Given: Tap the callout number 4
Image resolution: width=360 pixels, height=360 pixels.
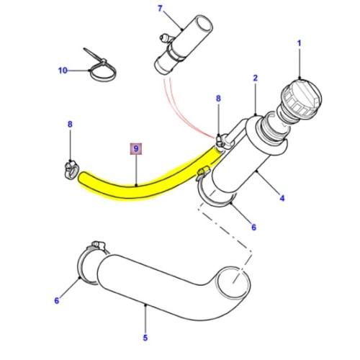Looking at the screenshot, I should (282, 198).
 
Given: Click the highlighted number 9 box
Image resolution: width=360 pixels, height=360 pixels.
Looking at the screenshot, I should (136, 150).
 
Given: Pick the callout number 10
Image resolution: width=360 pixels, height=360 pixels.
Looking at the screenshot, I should (62, 71).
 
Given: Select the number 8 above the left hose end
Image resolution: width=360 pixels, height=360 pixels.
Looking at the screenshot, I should (70, 125).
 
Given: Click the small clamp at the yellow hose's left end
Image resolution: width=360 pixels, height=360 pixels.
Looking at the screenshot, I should (69, 168).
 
